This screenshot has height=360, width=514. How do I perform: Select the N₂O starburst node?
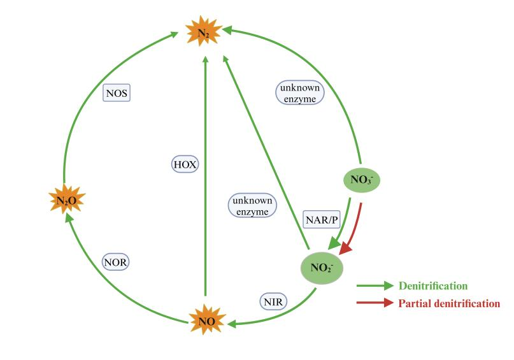coord(67,201)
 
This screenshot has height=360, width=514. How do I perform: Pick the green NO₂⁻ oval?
coord(322,268)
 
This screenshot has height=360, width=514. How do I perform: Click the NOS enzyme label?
coord(117,94)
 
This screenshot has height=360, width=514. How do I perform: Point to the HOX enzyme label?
coord(185,164)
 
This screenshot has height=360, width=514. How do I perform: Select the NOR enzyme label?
coord(120,261)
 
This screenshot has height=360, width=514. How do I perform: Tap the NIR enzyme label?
coord(273,300)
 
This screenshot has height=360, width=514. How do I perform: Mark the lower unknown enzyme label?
coord(253,206)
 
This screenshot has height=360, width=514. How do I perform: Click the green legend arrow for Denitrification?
coord(375,286)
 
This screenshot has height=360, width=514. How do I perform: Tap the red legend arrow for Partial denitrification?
coord(375,303)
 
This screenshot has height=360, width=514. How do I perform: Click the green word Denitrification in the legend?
coord(433,286)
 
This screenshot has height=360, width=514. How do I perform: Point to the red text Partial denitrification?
coord(449,303)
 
